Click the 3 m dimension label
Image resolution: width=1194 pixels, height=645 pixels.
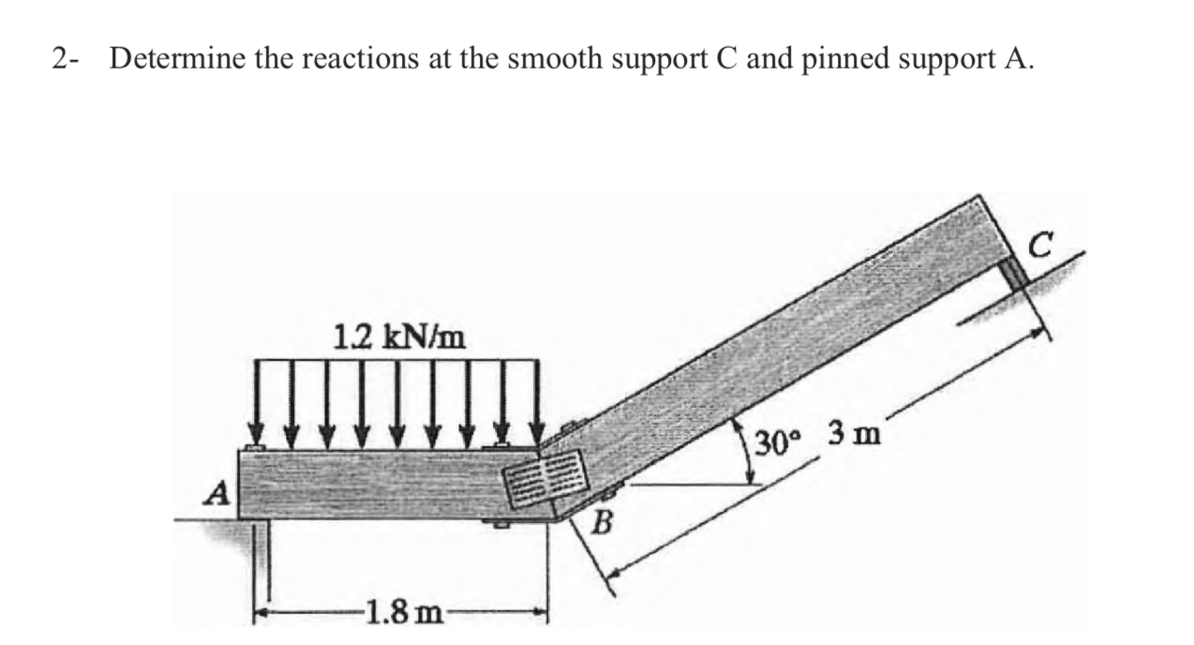pos(852,435)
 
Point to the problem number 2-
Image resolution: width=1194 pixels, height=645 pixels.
pos(66,60)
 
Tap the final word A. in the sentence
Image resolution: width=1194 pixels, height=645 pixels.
pos(1021,60)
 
